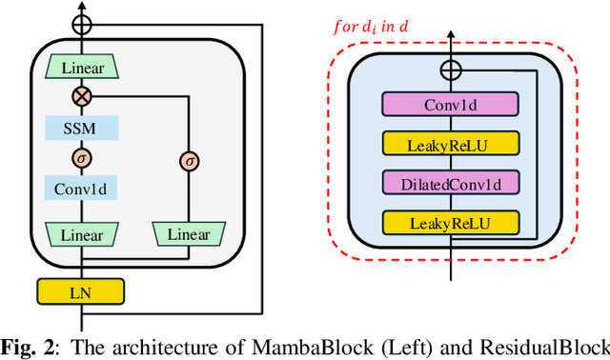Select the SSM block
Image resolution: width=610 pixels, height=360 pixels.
82,128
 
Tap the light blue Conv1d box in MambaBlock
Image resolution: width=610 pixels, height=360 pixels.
82,189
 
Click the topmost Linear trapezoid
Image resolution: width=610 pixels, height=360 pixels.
83,68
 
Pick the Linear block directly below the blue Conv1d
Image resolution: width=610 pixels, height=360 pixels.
82,233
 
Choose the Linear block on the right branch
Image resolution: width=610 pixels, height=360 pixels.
190,233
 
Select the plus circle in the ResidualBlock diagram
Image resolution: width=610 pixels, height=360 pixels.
450,70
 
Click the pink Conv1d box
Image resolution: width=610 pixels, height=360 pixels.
450,105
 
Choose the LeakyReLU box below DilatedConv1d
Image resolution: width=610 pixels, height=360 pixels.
450,223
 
